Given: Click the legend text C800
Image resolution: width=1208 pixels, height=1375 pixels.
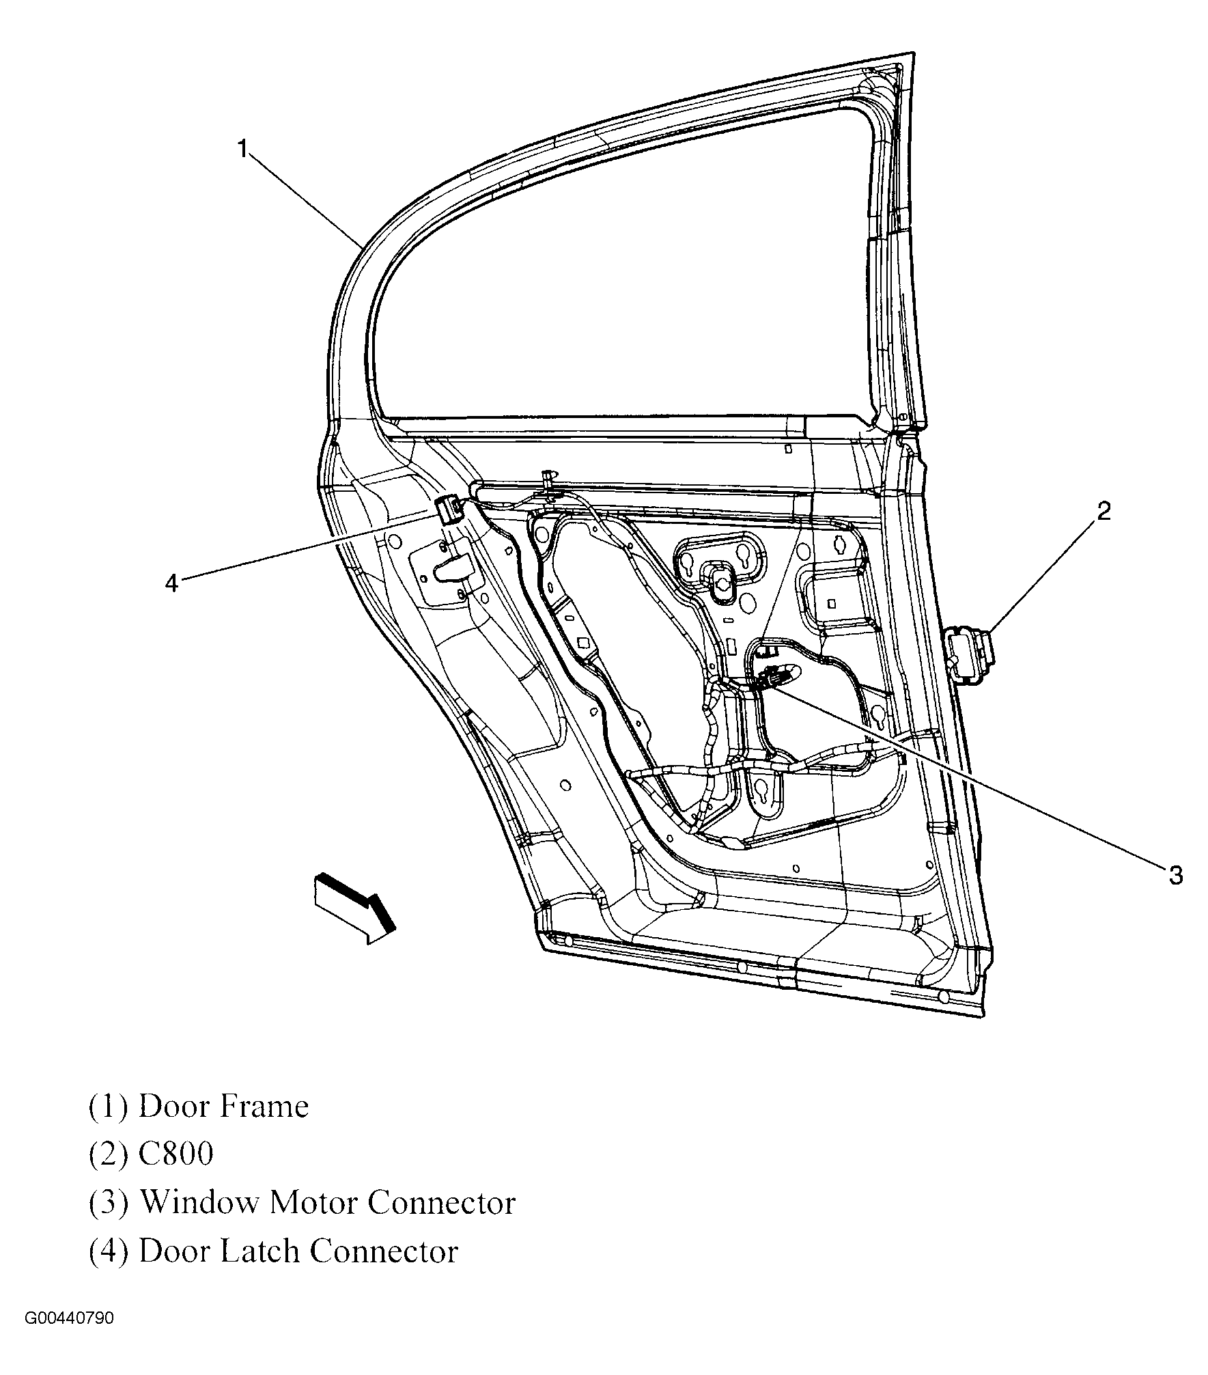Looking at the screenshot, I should click(176, 1154).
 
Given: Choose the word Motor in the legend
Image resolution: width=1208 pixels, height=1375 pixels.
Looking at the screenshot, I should click(312, 1203).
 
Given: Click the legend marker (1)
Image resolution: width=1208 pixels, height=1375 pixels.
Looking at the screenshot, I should click(108, 1107).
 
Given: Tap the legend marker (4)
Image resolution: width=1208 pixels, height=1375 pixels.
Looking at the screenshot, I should click(108, 1252).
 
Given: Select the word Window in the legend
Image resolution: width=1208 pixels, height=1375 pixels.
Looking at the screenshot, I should click(199, 1203).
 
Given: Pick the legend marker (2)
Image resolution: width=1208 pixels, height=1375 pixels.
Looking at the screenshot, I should click(108, 1155).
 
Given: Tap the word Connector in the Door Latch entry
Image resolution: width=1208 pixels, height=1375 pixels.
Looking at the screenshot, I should click(384, 1251).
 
